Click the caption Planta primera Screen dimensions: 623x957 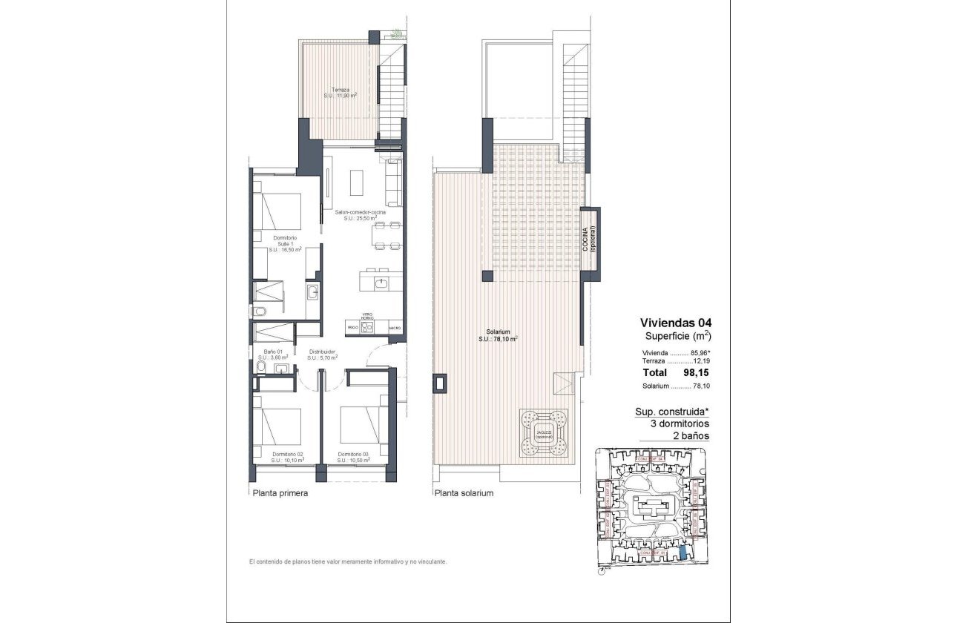280,493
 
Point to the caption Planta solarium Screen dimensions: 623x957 464,493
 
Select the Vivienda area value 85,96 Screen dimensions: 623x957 700,353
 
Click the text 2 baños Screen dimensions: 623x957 688,436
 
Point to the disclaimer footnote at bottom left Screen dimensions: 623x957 348,562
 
